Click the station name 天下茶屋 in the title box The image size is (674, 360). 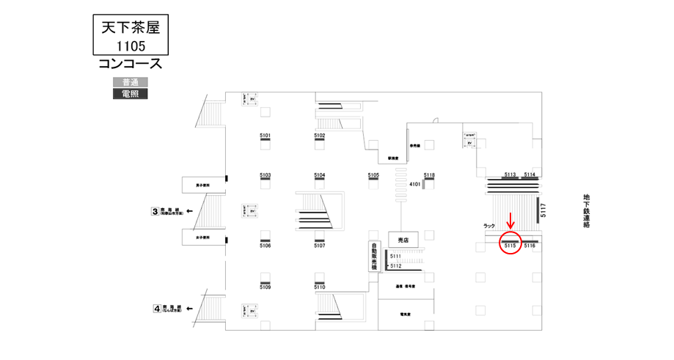[129, 28]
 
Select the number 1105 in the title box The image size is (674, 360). [130, 46]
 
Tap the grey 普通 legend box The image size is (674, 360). [130, 82]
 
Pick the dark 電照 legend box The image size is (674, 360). [130, 94]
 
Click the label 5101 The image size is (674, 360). [265, 136]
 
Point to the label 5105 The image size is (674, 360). [373, 176]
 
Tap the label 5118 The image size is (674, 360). [429, 175]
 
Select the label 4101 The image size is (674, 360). [414, 184]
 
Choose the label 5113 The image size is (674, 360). [510, 175]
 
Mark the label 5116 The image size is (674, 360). [530, 246]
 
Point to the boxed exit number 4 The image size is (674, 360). [156, 309]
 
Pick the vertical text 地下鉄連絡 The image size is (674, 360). [587, 212]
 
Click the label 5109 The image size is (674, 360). [265, 287]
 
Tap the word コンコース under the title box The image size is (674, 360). [130, 65]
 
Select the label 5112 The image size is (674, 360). [395, 265]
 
